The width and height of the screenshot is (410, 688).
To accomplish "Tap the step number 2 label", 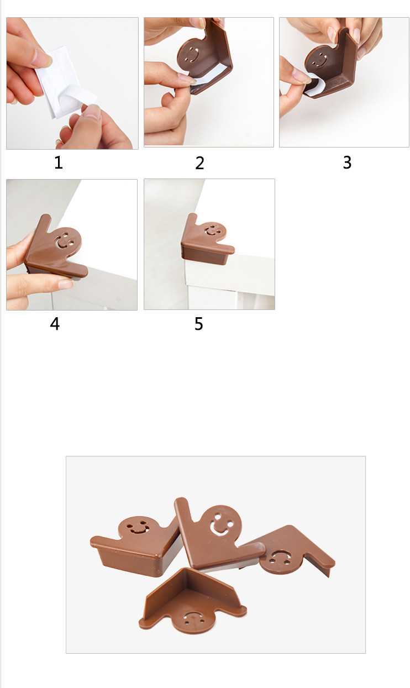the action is (199, 163).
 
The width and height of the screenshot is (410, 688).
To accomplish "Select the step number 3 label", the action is (347, 162).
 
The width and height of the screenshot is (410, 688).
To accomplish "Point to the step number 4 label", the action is (55, 324).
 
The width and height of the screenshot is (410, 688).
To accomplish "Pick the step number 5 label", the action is (199, 324).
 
